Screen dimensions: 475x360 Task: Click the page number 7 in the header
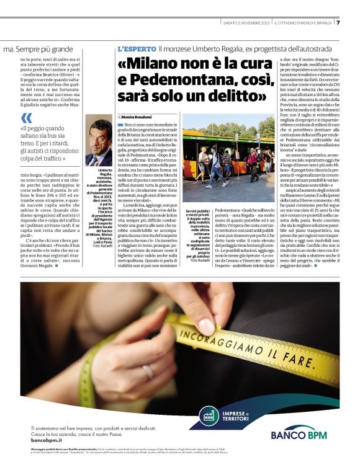point(348,23)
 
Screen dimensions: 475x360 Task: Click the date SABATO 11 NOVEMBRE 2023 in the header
point(248,23)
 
